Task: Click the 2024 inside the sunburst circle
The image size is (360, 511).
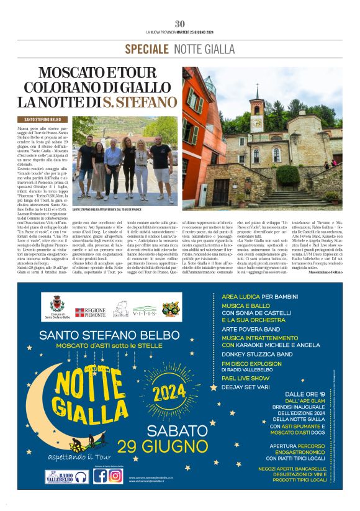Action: (169, 392)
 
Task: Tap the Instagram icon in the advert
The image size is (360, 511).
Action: (115, 476)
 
